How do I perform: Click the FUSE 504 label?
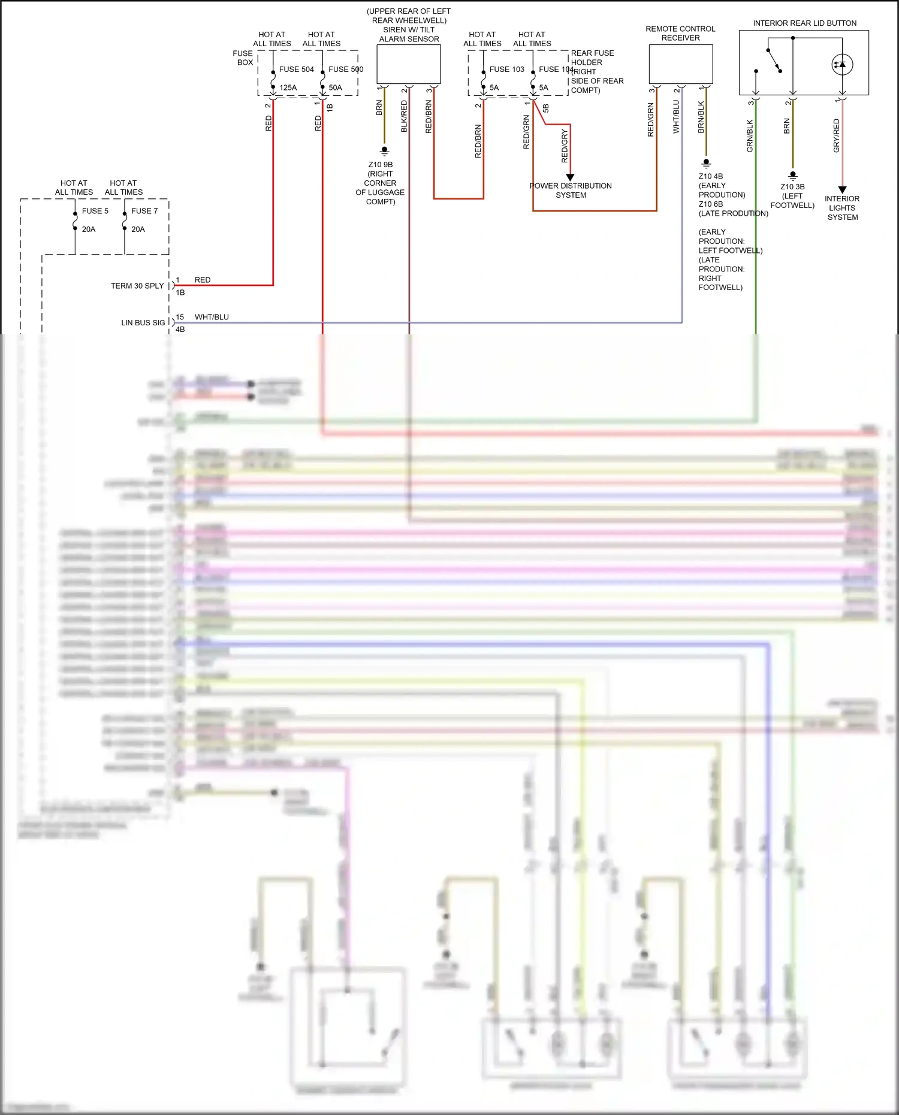click(296, 70)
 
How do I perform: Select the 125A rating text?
click(288, 87)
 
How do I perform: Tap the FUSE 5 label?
click(95, 211)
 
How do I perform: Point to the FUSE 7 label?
click(144, 211)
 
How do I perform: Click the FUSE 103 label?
click(506, 70)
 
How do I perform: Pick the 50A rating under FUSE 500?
click(335, 87)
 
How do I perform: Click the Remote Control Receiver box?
click(680, 64)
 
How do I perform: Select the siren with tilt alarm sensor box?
click(408, 64)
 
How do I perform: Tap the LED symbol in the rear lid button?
click(842, 65)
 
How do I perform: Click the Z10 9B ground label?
click(381, 165)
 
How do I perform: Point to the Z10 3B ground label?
click(792, 187)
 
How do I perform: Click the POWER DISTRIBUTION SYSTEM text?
click(571, 191)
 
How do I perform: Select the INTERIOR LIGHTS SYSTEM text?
click(842, 208)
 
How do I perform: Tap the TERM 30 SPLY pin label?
click(137, 286)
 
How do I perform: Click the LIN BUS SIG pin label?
click(143, 322)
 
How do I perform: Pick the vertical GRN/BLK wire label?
click(750, 136)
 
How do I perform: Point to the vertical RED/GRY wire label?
click(564, 146)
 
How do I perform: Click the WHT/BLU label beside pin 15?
click(212, 317)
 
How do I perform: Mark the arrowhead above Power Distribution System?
click(570, 177)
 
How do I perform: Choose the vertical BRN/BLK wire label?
click(701, 117)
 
